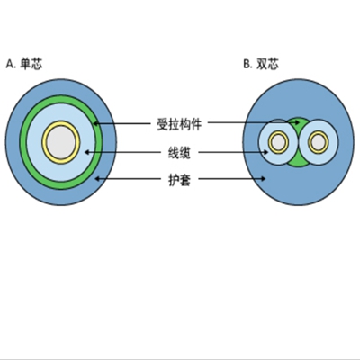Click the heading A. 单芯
[24, 64]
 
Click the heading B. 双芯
[261, 64]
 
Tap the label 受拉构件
[179, 124]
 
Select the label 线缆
[179, 153]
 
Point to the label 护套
[179, 180]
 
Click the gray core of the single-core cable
[61, 142]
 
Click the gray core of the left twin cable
[279, 142]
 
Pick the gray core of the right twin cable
[319, 142]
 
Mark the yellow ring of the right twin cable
[319, 132]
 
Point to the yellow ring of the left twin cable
[279, 132]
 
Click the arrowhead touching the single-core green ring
[95, 123]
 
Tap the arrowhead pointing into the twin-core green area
[297, 122]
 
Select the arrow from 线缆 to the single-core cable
[123, 152]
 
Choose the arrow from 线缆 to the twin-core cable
[233, 152]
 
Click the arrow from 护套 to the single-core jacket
[128, 179]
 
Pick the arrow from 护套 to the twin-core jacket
[232, 179]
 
